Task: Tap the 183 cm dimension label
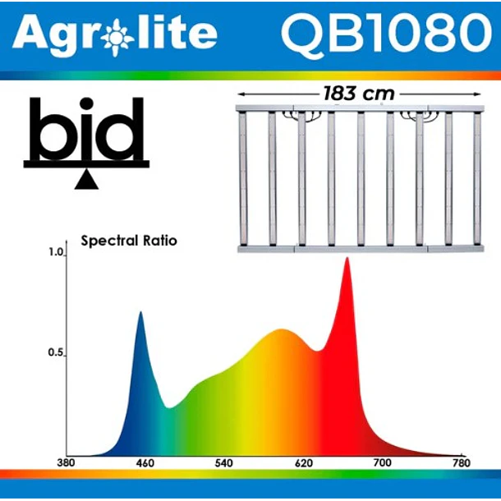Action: [x=358, y=94]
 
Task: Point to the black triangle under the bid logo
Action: [x=85, y=180]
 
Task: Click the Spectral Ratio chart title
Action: [x=129, y=241]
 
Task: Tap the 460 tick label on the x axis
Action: [x=145, y=464]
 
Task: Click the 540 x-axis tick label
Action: [x=223, y=464]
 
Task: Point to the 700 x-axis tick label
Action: [x=383, y=464]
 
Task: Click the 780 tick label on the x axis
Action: [x=462, y=464]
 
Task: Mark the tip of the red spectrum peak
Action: [x=347, y=259]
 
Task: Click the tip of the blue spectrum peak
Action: [x=140, y=313]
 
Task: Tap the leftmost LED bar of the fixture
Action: [x=242, y=178]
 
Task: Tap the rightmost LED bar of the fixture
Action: [x=476, y=178]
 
